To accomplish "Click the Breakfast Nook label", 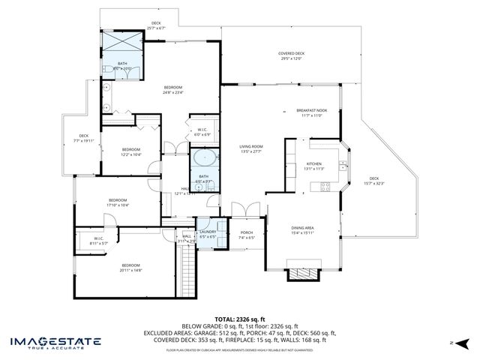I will pyautogui.click(x=311, y=112).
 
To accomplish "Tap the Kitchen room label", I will pyautogui.click(x=313, y=166).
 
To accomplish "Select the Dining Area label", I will pyautogui.click(x=302, y=229).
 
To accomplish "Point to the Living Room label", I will pyautogui.click(x=250, y=148).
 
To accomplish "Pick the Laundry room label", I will pyautogui.click(x=208, y=234).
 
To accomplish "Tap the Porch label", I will pyautogui.click(x=246, y=234).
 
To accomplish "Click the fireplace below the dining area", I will pyautogui.click(x=302, y=272).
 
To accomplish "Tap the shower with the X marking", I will pyautogui.click(x=122, y=41).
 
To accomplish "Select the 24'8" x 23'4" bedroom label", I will pyautogui.click(x=173, y=90).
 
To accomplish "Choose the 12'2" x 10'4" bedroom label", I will pyautogui.click(x=131, y=151).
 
